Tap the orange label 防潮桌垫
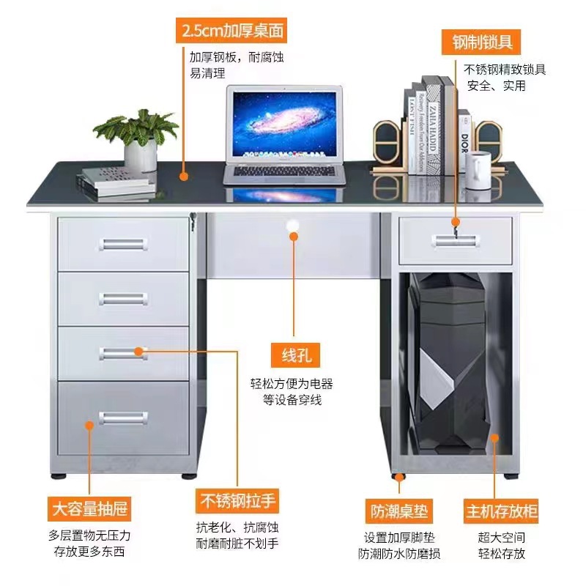[x=398, y=510]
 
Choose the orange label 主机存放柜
[x=500, y=511]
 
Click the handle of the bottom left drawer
[x=123, y=418]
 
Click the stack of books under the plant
[x=117, y=180]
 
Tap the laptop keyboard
[x=284, y=173]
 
